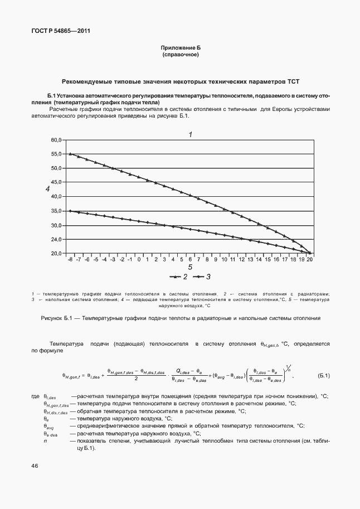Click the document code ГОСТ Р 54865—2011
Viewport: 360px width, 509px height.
tap(60, 31)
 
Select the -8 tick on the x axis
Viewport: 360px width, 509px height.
tap(70, 260)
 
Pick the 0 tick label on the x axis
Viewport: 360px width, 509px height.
tap(139, 260)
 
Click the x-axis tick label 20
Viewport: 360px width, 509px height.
tap(310, 260)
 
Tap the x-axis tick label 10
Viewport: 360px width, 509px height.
tap(224, 260)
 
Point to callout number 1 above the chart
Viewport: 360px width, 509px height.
tap(190, 134)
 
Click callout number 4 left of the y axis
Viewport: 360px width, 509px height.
tap(48, 191)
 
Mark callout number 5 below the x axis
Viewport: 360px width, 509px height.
tap(190, 268)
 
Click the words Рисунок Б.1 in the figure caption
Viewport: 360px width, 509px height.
tap(57, 318)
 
